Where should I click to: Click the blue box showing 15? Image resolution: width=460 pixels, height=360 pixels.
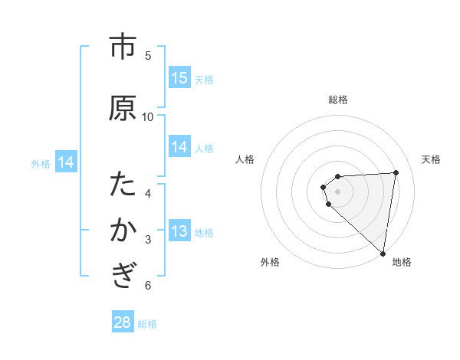click(179, 78)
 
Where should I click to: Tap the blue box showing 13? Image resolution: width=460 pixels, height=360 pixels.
click(179, 231)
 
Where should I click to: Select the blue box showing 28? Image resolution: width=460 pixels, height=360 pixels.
click(123, 322)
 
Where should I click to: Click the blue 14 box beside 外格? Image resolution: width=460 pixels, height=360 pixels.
click(66, 162)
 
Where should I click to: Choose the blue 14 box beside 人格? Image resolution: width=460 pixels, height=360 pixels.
click(179, 148)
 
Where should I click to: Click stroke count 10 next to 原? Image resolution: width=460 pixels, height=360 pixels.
click(148, 116)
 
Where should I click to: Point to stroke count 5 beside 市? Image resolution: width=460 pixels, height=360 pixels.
click(148, 55)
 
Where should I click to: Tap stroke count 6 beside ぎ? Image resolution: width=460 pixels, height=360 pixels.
click(148, 286)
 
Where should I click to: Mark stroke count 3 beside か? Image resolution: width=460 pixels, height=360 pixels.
click(148, 240)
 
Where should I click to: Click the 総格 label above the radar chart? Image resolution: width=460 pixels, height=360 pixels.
click(337, 100)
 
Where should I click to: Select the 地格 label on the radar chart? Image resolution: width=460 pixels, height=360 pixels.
click(402, 262)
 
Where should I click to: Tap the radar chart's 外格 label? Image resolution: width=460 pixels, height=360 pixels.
click(270, 262)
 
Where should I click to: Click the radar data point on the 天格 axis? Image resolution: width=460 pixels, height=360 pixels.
click(396, 172)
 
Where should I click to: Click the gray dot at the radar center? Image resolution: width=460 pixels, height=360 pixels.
click(337, 191)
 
